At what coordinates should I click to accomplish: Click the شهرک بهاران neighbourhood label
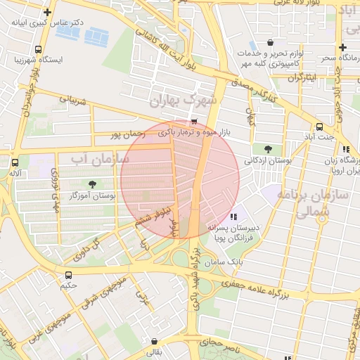pos(184,103)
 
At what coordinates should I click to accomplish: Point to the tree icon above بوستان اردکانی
pos(268,148)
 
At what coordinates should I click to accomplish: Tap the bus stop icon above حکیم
pos(68,275)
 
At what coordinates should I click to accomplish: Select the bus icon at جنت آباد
pos(319,127)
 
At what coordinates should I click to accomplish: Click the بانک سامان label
pos(224,262)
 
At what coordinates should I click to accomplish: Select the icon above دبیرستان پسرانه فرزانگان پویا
pos(233,217)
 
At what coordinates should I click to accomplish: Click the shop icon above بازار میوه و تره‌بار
pos(194,122)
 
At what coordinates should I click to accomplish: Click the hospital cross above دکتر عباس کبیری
pos(47,12)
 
